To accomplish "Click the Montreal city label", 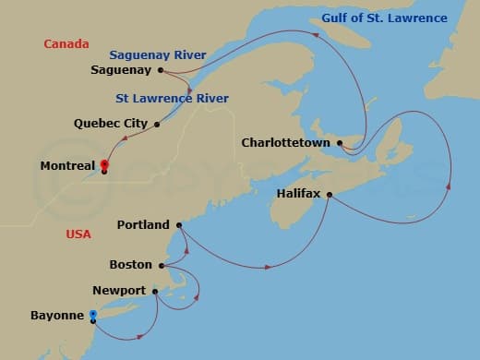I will point(68,166).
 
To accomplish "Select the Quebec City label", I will point(112,123).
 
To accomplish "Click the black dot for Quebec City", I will point(157,124).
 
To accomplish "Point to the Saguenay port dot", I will point(161,69).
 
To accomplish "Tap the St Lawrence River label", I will point(173,98).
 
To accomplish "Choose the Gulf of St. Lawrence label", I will point(384,18).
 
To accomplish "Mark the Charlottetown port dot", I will point(341,143).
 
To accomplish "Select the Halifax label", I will point(298,194).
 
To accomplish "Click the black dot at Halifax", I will point(330,194).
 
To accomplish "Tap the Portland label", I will point(144,224).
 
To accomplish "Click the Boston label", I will point(131,265).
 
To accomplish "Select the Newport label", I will point(119,291).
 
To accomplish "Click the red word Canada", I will point(66,43).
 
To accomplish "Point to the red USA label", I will point(78,234).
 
